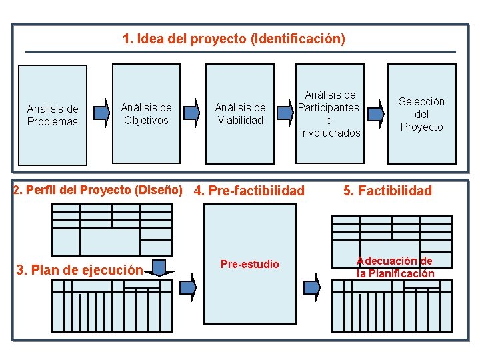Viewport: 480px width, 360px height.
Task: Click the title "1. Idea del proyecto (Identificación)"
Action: click(x=234, y=39)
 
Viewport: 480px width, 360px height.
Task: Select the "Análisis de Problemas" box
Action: click(x=52, y=114)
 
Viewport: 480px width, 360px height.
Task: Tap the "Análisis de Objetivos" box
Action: click(x=146, y=113)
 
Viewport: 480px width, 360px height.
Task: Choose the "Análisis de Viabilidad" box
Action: click(x=240, y=113)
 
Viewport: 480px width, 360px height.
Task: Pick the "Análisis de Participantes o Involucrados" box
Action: click(x=329, y=113)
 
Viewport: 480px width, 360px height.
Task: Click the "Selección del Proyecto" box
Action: click(x=421, y=113)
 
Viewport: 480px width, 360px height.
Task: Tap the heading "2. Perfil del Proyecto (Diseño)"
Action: click(x=98, y=189)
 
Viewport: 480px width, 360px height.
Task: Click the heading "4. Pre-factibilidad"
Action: click(x=249, y=191)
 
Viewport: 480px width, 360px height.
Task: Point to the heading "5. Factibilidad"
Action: click(x=387, y=191)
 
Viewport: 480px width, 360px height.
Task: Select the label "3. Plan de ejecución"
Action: click(x=79, y=270)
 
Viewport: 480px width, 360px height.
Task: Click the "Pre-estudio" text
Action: click(x=249, y=265)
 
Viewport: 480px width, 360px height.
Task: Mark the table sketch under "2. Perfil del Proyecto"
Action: click(x=113, y=229)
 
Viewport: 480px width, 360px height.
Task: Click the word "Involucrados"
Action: click(x=330, y=133)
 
